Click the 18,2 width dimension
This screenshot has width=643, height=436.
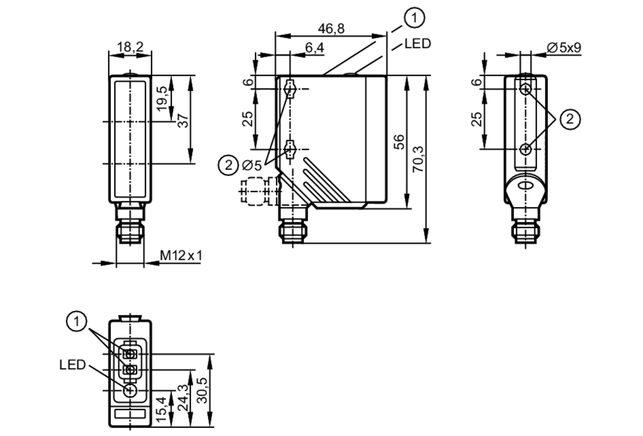click(x=130, y=47)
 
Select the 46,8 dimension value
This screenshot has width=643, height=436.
click(x=331, y=29)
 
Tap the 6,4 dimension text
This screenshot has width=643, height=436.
click(x=314, y=48)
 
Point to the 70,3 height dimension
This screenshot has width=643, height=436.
click(x=418, y=159)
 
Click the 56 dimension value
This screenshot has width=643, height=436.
click(x=399, y=142)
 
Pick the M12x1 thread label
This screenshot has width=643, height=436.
click(x=181, y=256)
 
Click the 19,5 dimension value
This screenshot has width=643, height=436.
click(x=163, y=98)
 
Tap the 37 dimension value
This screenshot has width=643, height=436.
click(x=183, y=120)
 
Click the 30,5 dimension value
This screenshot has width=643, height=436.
click(x=203, y=390)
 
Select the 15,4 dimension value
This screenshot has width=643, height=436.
click(x=161, y=409)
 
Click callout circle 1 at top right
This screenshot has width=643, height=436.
click(x=414, y=18)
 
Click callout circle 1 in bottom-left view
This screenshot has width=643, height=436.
click(x=77, y=321)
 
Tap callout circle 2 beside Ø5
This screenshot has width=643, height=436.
click(x=228, y=165)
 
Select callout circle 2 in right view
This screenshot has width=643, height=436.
click(x=570, y=119)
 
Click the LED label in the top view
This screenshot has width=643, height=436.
click(x=417, y=44)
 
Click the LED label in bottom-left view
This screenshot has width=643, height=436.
click(x=72, y=365)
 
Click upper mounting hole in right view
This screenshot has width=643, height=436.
click(x=526, y=89)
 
